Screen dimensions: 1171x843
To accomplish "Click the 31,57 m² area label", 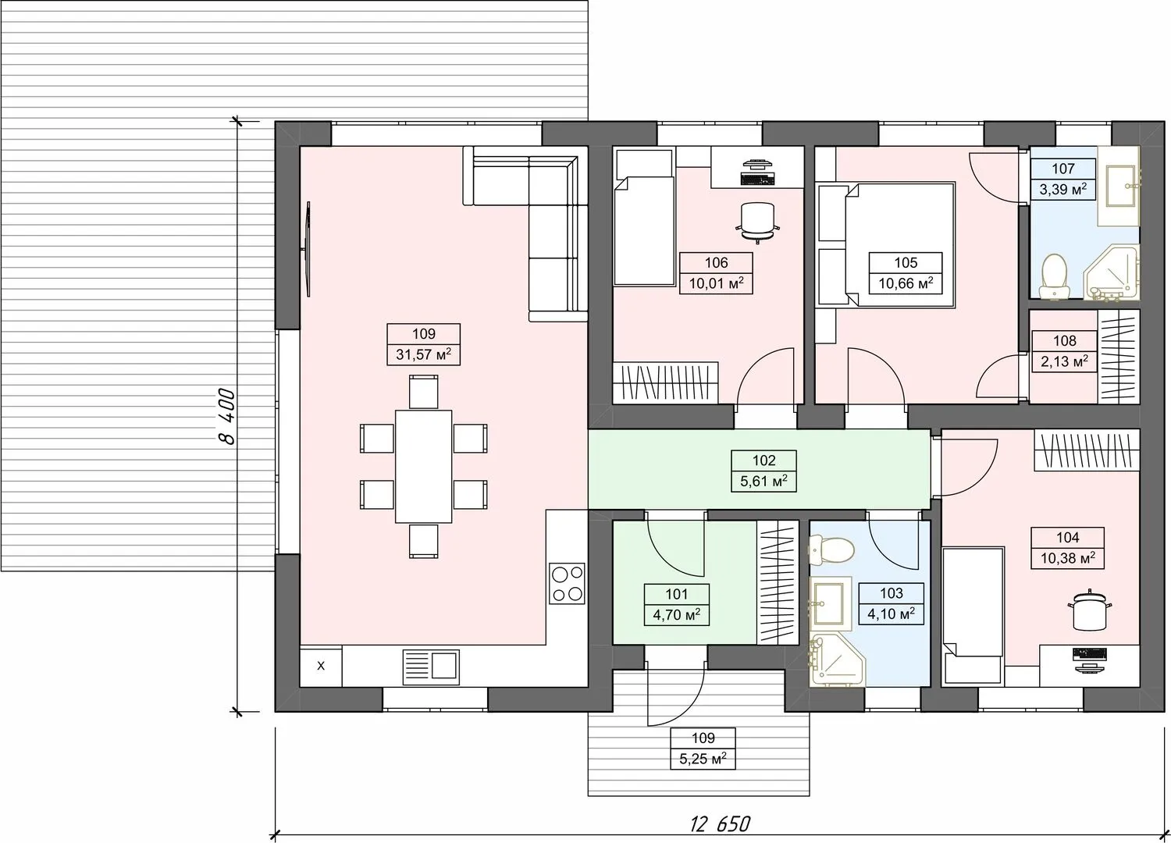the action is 423,355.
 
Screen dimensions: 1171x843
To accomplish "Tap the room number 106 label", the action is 716,262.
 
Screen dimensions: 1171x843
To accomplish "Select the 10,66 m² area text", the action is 906,284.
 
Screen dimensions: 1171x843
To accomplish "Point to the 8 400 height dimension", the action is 227,416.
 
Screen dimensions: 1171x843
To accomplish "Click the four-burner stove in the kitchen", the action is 568,583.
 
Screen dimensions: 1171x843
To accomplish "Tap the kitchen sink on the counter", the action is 431,667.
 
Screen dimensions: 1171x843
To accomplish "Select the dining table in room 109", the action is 423,467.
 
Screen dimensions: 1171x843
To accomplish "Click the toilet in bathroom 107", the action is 1054,276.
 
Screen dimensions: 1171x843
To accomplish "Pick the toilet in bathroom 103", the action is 831,549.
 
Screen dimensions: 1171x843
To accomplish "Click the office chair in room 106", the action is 757,222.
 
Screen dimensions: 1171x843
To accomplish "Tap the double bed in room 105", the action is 899,244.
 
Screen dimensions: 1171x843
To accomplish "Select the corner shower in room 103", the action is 837,661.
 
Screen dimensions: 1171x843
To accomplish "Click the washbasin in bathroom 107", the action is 1119,186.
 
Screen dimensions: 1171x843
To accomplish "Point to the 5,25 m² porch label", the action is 703,759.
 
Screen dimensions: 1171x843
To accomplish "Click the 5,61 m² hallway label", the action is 763,481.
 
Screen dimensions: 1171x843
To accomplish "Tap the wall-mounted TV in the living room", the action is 308,249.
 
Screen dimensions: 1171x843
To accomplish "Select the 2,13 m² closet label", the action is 1064,361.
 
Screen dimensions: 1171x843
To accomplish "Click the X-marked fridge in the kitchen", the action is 320,666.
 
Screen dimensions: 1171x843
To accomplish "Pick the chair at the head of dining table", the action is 423,392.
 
